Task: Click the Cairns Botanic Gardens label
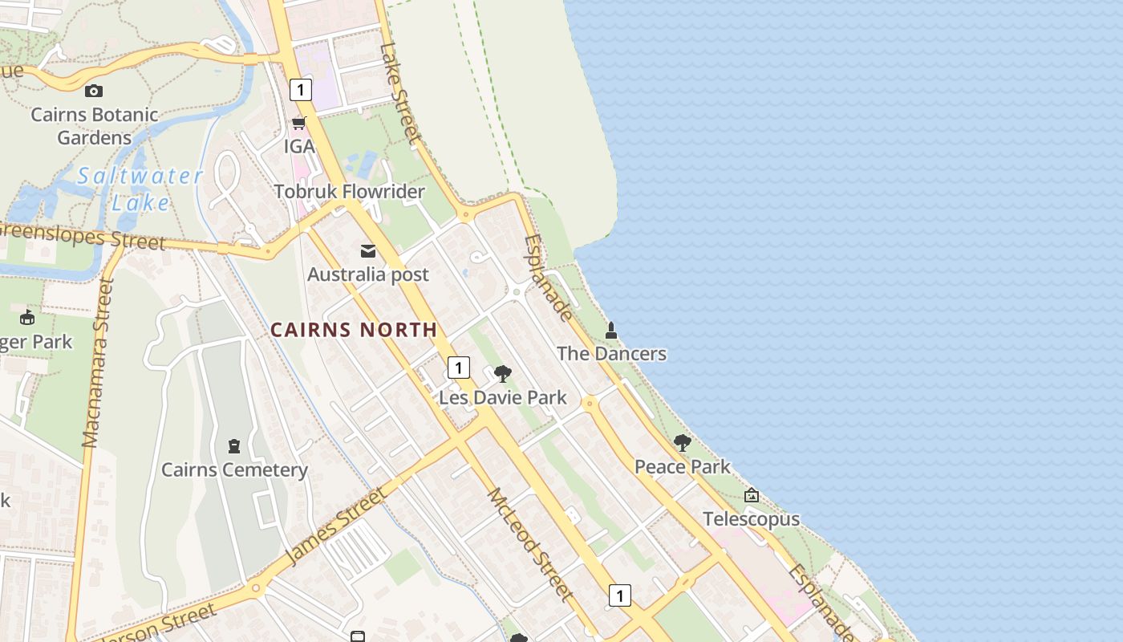point(95,126)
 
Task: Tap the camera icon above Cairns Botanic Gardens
point(94,91)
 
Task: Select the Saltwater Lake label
point(140,189)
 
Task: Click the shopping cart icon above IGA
point(299,123)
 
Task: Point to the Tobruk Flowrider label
point(349,192)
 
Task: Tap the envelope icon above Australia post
point(368,251)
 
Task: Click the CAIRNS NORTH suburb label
point(354,330)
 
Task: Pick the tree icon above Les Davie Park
point(503,373)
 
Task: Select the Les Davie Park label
point(503,397)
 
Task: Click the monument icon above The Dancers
point(611,330)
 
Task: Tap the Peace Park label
point(683,466)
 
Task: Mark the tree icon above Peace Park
point(683,442)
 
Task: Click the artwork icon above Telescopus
point(752,495)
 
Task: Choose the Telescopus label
point(752,519)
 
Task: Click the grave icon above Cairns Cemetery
point(234,445)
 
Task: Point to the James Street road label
point(335,526)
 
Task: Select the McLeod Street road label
point(530,544)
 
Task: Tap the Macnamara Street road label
point(99,362)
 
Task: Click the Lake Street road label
point(400,93)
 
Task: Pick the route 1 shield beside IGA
point(301,89)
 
